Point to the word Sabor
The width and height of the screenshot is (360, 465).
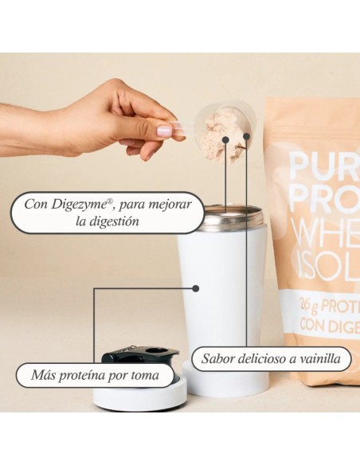coord(219,359)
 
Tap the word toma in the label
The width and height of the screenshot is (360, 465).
coord(144,374)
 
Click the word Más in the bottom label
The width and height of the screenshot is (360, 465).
coord(43,374)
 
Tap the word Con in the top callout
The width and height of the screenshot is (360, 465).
coord(36,204)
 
